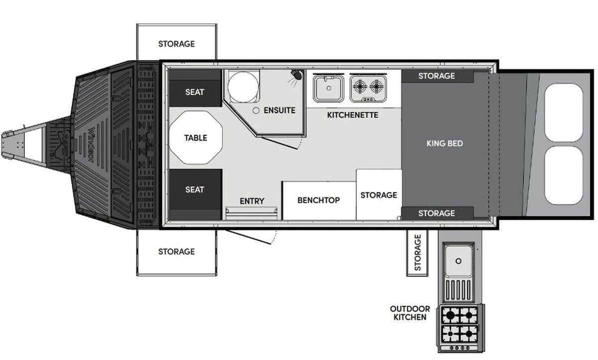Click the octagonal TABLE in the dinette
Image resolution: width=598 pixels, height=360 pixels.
[196, 138]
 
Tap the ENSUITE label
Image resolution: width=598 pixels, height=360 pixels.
[280, 110]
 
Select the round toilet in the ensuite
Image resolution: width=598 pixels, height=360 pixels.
[244, 87]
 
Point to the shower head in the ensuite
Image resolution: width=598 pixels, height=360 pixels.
[297, 74]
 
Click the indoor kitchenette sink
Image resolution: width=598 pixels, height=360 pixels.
[328, 88]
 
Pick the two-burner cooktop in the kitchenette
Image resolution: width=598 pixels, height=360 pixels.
[368, 88]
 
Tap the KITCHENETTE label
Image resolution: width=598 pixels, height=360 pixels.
[353, 115]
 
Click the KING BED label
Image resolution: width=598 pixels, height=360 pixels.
[445, 144]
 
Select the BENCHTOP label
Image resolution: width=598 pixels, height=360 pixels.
[319, 200]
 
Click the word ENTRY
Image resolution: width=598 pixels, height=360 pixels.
[252, 201]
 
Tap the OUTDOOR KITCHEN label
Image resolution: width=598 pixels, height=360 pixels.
[410, 313]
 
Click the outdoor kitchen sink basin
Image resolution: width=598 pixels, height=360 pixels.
[458, 260]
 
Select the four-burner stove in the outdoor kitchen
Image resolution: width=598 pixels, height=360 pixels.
[460, 329]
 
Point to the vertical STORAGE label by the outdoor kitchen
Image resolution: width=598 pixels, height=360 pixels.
[418, 253]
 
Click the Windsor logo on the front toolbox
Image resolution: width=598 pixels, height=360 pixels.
[91, 145]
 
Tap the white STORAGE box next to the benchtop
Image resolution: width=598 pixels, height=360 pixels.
[379, 194]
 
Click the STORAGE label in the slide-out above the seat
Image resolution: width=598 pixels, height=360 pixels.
[176, 44]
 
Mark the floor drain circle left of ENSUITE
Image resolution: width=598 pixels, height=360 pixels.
[256, 110]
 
